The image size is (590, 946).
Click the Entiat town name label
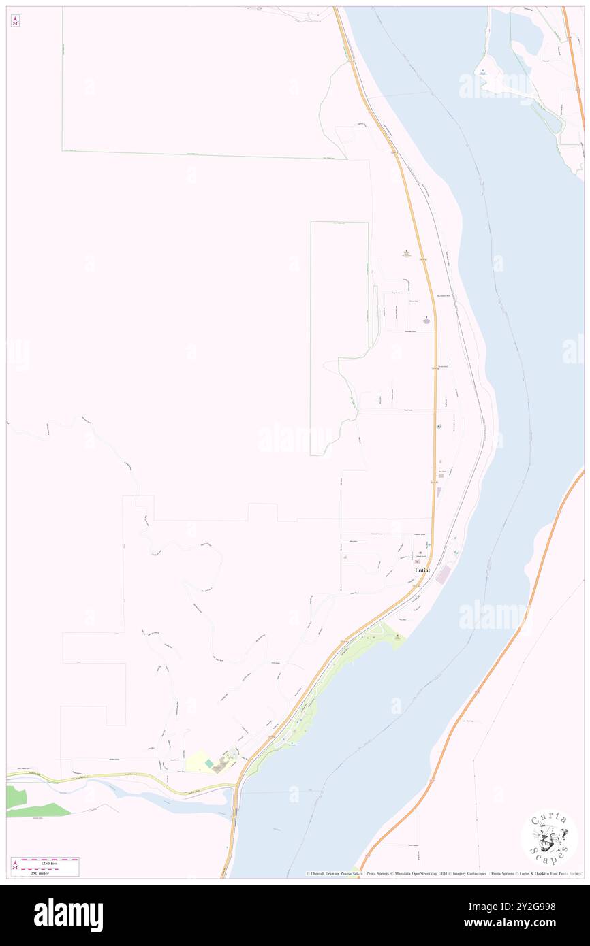coord(418,570)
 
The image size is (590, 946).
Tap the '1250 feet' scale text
coord(50,863)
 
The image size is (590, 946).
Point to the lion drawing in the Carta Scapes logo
coord(550,838)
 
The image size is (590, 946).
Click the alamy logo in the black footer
coord(68,915)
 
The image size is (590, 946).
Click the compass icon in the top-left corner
coord(15,21)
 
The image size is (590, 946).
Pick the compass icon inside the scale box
coord(16,866)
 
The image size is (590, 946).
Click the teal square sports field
coord(208,764)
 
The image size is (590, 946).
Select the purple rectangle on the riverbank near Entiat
coord(444,575)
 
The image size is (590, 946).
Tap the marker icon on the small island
coord(483,70)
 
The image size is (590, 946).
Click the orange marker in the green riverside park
coord(398,636)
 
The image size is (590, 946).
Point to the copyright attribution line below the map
coord(443,874)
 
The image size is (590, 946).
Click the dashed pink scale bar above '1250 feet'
coord(50,860)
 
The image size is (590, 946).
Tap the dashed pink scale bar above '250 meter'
coord(50,868)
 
